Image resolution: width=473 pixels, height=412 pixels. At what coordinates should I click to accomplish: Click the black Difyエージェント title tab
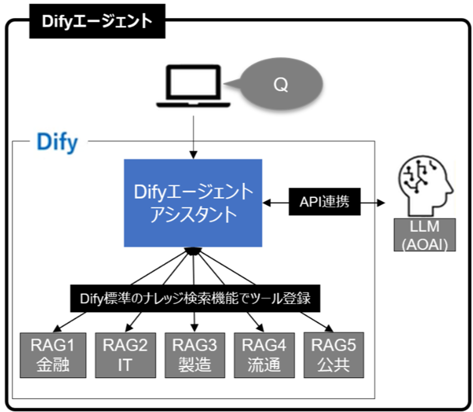pyautogui.click(x=97, y=22)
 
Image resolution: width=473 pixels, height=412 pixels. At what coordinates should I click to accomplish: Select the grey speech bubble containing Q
pyautogui.click(x=280, y=85)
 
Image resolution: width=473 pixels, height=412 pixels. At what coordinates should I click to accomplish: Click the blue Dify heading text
pyautogui.click(x=57, y=142)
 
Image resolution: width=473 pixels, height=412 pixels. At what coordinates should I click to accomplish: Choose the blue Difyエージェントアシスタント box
pyautogui.click(x=193, y=203)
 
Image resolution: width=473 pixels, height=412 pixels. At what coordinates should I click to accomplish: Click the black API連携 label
pyautogui.click(x=324, y=203)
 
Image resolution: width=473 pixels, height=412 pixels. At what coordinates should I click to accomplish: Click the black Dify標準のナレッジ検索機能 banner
pyautogui.click(x=195, y=299)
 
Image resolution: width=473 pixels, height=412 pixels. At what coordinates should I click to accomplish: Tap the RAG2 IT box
pyautogui.click(x=124, y=355)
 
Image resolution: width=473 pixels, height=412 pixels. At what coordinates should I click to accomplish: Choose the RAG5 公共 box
pyautogui.click(x=333, y=355)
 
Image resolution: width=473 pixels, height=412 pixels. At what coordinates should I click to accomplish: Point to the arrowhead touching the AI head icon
pyautogui.click(x=380, y=203)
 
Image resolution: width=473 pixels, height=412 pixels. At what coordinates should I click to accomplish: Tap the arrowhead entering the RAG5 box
pyautogui.click(x=329, y=329)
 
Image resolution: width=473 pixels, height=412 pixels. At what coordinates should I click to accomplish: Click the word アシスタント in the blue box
pyautogui.click(x=193, y=215)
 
